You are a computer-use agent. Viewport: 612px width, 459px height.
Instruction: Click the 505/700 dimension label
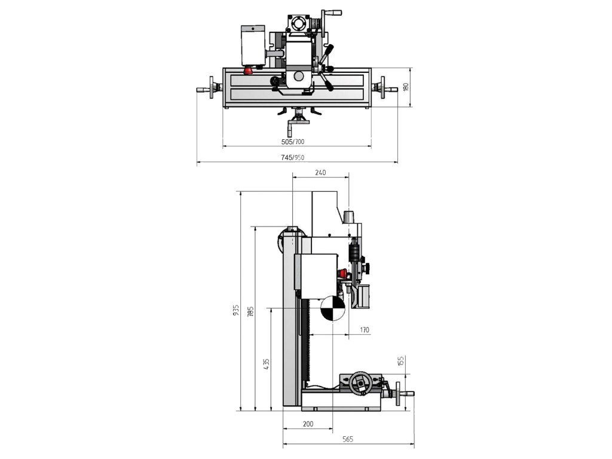point(292,142)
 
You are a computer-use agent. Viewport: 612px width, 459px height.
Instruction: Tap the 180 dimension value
point(405,87)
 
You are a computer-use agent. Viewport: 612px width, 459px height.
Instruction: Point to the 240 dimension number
point(320,172)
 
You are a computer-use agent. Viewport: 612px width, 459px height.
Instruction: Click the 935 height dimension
point(236,310)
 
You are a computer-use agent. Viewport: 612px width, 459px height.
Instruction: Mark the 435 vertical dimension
point(266,363)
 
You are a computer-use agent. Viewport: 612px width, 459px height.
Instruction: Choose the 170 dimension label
point(364,329)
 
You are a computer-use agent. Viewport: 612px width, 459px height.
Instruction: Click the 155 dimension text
point(402,362)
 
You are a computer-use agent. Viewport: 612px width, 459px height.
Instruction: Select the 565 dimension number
point(348,439)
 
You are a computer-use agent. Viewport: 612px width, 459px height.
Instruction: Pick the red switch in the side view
point(342,274)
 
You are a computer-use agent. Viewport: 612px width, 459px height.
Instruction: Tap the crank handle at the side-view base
point(402,394)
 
